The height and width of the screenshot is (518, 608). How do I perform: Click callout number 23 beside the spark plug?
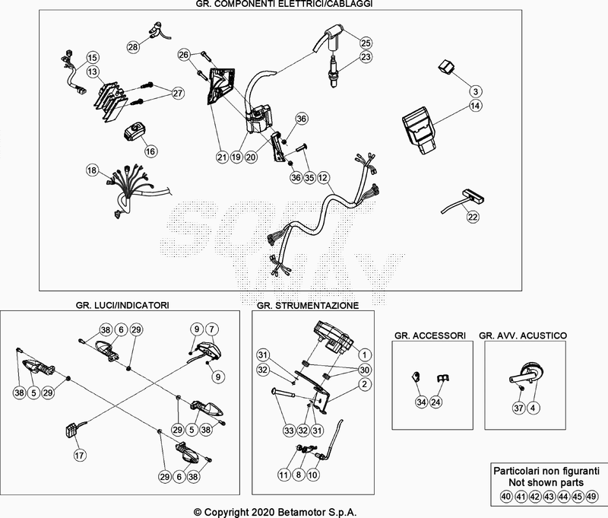pos(366,58)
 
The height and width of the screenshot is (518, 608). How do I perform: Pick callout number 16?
pos(150,151)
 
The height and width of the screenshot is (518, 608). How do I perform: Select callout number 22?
pos(473,217)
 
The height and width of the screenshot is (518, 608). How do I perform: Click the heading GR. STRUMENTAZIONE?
pos(308,305)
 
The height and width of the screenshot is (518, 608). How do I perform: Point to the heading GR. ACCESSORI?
pos(429,335)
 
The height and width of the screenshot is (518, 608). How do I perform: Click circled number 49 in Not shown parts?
pos(593,497)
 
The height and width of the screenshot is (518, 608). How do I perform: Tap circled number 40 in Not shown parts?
pos(505,497)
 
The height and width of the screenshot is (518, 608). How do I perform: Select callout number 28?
pos(134,47)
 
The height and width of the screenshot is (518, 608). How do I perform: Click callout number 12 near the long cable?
pos(323,178)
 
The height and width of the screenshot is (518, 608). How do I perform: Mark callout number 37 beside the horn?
pos(518,408)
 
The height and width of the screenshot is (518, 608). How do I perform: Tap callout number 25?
pos(366,42)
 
